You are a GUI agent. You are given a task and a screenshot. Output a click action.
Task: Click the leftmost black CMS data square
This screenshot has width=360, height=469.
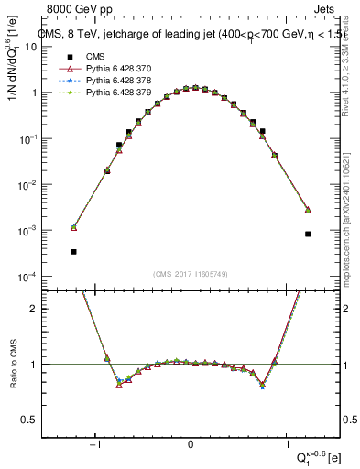[x=73, y=251]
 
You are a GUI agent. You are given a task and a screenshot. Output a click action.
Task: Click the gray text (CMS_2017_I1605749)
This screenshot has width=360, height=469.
[x=191, y=274]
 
